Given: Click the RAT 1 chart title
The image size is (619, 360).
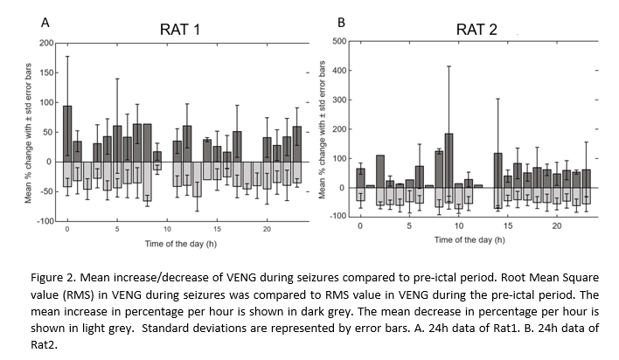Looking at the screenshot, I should coord(180,29).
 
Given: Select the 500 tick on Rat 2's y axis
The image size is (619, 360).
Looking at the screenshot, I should coord(343,40).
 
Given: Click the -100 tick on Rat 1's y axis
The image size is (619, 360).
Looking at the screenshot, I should coord(45,221).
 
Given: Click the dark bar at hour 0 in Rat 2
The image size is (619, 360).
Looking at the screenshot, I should coord(360,177).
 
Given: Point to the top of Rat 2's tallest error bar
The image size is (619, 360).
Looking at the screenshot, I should coord(449,66).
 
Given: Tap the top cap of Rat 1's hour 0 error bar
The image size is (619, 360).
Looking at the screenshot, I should coord(67,57).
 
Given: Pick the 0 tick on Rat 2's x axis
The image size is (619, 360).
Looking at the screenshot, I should coord(360,225).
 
